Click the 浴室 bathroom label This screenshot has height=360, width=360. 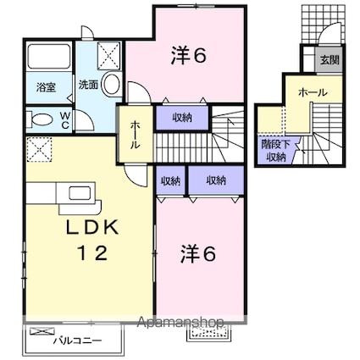(x=46, y=87)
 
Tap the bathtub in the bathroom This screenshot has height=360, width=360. (x=49, y=56)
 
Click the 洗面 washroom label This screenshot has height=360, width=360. (x=88, y=85)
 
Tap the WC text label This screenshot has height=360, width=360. (x=65, y=120)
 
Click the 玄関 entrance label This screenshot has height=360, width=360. (x=330, y=60)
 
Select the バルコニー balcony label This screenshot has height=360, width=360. (x=77, y=341)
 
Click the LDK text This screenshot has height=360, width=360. (x=92, y=227)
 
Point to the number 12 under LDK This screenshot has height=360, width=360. (x=93, y=253)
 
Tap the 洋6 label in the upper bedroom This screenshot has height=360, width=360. (x=189, y=56)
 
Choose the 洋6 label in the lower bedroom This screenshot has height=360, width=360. (x=198, y=253)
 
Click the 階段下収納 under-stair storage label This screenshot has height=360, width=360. (x=276, y=151)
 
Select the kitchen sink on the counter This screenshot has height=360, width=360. (x=80, y=193)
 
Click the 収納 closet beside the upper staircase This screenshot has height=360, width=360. (x=182, y=118)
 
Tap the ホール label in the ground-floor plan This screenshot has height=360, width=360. (x=313, y=92)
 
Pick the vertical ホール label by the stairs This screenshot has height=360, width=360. (x=136, y=135)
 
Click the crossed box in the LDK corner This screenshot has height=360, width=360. (x=39, y=149)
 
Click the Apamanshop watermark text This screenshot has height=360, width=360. (x=180, y=322)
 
